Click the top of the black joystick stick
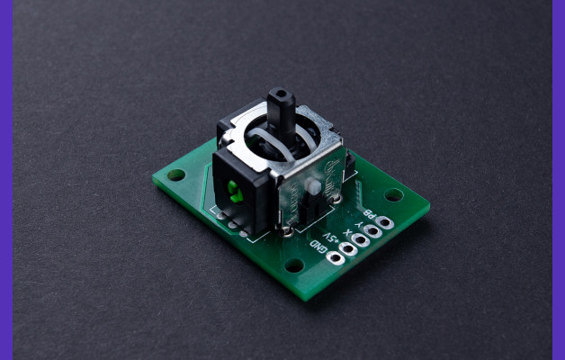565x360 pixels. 281,94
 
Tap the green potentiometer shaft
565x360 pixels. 233,189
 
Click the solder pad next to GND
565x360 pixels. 336,258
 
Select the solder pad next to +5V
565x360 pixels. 348,249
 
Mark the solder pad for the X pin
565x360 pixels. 361,240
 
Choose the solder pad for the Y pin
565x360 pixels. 372,231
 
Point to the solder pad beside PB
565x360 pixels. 384,222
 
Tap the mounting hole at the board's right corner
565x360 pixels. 394,194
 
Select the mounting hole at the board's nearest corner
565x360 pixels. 294,265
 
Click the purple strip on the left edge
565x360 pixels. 5,180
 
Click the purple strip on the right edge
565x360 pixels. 558,180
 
